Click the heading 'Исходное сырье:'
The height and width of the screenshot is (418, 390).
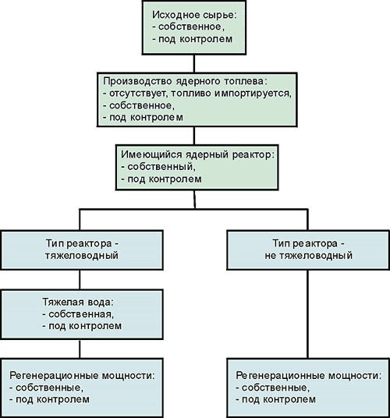pos(194,15)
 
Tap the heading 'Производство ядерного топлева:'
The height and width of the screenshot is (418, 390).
pos(185,82)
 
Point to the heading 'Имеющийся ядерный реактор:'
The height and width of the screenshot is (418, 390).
pos(197,155)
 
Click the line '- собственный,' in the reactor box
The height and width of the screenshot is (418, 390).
pos(158,167)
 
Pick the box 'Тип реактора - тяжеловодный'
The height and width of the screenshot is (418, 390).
pos(82,250)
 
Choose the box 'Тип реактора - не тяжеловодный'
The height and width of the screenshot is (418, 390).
pos(308,250)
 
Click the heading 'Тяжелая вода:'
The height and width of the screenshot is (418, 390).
pos(78,303)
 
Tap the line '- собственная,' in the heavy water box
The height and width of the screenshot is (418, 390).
pos(78,314)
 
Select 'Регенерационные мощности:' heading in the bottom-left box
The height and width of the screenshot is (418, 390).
pos(82,376)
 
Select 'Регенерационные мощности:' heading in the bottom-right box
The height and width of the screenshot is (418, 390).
pos(308,376)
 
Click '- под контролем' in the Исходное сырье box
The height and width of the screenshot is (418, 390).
pos(193,39)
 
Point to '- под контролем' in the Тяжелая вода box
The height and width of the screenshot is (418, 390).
pos(82,326)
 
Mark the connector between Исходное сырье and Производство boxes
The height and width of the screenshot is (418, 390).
pos(194,63)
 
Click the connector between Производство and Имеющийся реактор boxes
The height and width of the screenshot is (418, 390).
pos(194,136)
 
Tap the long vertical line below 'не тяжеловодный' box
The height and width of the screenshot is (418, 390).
pos(308,314)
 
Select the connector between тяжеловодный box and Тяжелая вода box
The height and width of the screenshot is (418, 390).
pos(80,280)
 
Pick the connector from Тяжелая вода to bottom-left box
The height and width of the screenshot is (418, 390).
pos(80,349)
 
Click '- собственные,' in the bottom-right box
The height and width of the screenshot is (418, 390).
pos(272,388)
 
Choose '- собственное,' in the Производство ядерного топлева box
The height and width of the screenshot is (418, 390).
pos(139,106)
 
